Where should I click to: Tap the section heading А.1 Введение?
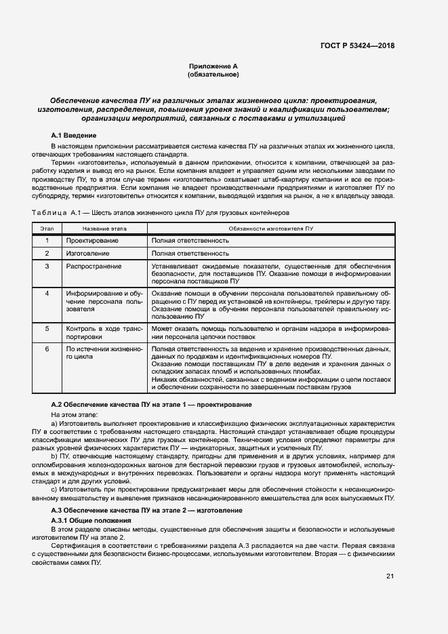pyautogui.click(x=74, y=136)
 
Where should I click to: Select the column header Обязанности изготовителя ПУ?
pyautogui.click(x=270, y=229)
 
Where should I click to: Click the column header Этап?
pyautogui.click(x=47, y=229)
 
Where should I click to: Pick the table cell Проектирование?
pyautogui.click(x=92, y=241)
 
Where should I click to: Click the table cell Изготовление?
pyautogui.click(x=87, y=254)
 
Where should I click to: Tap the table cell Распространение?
pyautogui.click(x=94, y=266)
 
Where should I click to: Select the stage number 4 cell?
pyautogui.click(x=47, y=294)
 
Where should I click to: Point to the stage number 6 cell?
pyautogui.click(x=47, y=349)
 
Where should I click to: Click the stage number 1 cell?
pyautogui.click(x=47, y=241)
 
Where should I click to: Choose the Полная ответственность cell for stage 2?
pyautogui.click(x=190, y=254)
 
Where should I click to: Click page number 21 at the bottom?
pyautogui.click(x=390, y=576)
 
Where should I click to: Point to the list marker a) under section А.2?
pyautogui.click(x=54, y=422)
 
